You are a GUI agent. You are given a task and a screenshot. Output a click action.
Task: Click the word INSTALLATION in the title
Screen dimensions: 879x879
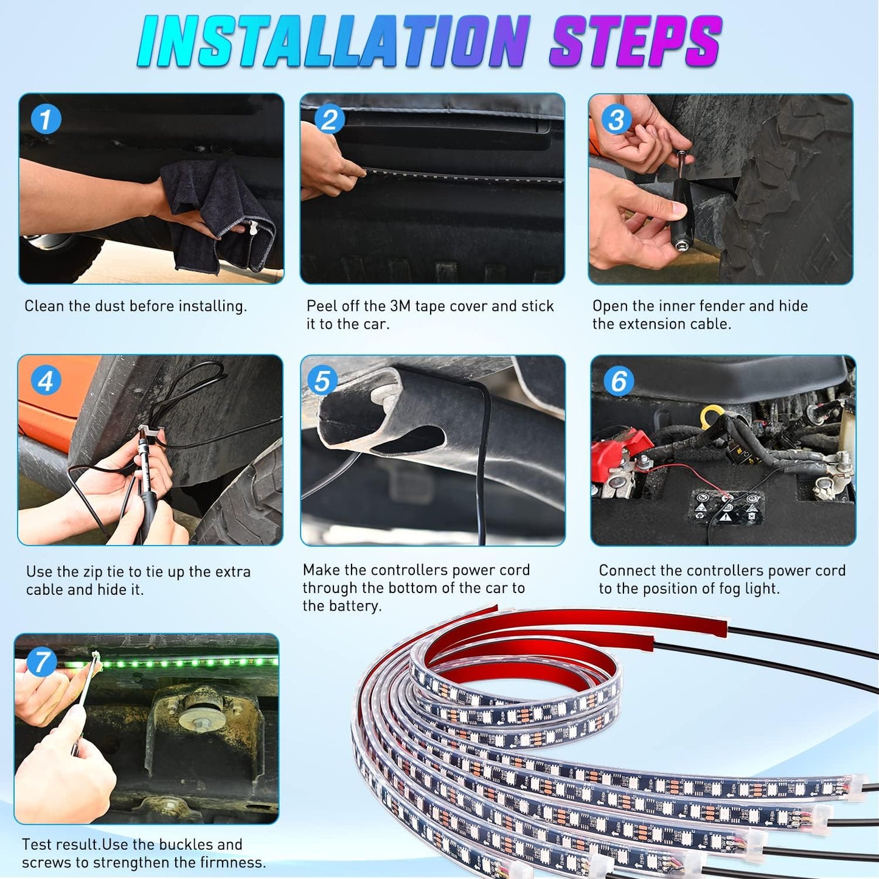click(332, 41)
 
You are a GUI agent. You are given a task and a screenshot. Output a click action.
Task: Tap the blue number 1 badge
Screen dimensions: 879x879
click(46, 119)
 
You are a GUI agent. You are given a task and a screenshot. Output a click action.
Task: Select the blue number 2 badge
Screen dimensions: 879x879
click(329, 119)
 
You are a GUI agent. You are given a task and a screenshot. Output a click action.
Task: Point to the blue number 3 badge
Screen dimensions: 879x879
click(616, 119)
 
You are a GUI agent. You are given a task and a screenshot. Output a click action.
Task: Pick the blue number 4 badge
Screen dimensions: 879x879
click(45, 381)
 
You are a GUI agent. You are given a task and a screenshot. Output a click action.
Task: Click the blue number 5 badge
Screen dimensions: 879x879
click(322, 381)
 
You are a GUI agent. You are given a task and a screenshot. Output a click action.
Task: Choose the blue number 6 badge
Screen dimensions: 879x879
click(618, 381)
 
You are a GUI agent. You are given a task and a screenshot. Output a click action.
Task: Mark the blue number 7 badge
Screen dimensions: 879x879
click(41, 662)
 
